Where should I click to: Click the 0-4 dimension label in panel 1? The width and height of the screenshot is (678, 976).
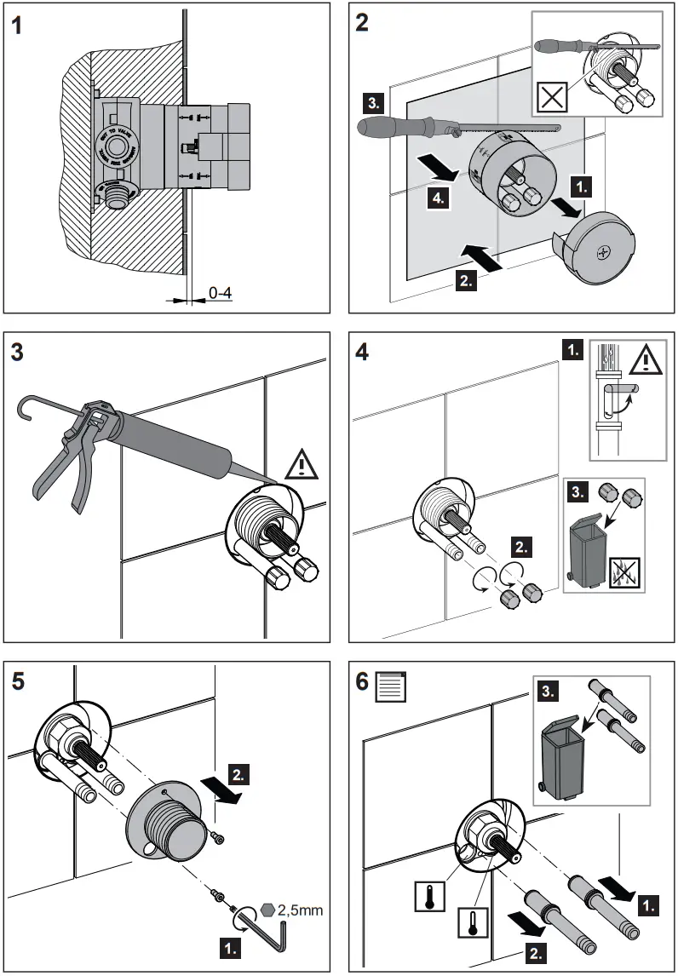220,293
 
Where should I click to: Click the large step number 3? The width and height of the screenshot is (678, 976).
18,352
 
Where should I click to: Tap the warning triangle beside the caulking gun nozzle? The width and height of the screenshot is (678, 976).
301,465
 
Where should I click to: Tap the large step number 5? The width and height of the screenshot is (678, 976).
18,682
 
